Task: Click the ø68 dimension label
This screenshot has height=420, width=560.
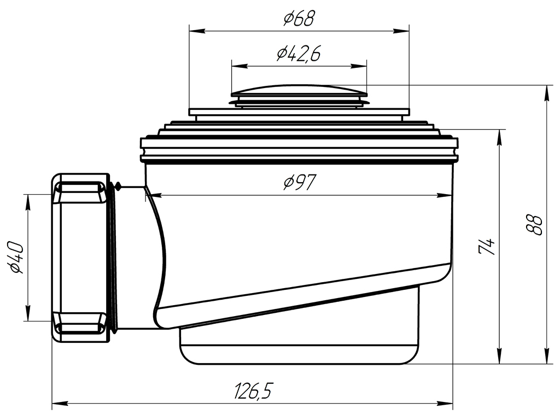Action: click(x=299, y=19)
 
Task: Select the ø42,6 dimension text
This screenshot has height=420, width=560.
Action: click(x=299, y=54)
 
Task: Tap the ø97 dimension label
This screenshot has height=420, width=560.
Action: click(x=300, y=183)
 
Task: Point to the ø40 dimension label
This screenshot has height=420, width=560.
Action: click(x=17, y=257)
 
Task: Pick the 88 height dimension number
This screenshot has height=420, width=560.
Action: click(x=535, y=225)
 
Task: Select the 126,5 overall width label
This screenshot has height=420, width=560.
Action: click(x=253, y=390)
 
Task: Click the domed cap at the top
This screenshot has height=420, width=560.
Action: click(x=299, y=91)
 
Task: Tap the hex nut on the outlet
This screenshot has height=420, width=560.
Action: click(x=80, y=259)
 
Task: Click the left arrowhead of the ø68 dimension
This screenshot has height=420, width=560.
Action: click(x=197, y=31)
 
